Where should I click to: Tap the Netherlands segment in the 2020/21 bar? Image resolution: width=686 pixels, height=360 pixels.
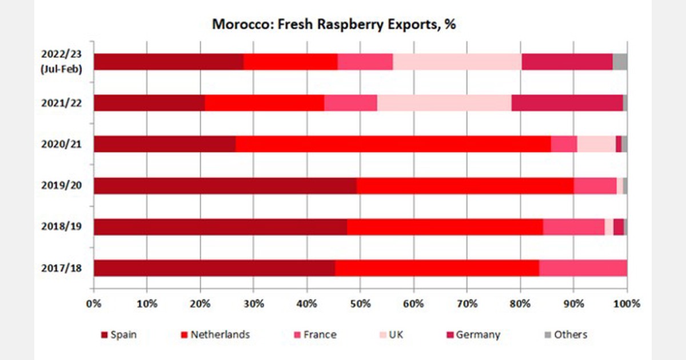[393, 144]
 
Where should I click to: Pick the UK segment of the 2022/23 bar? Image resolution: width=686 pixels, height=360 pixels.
[457, 62]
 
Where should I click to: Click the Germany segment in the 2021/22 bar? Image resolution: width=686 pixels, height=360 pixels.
[568, 103]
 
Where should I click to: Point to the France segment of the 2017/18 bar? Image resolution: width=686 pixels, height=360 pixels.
[583, 268]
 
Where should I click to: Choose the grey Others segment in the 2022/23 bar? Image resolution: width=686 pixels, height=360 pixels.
[620, 62]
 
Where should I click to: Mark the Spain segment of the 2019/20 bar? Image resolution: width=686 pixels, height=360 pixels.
[225, 186]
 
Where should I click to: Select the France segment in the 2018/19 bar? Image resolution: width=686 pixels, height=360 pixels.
[573, 227]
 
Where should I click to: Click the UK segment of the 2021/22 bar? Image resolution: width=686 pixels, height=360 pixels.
[444, 103]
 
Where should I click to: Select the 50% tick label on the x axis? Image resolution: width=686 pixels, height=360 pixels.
[360, 303]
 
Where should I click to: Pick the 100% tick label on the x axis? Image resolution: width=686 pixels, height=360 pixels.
[627, 303]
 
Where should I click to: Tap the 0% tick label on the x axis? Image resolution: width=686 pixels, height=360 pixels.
[94, 303]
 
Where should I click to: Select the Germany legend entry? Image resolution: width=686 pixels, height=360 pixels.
[477, 335]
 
